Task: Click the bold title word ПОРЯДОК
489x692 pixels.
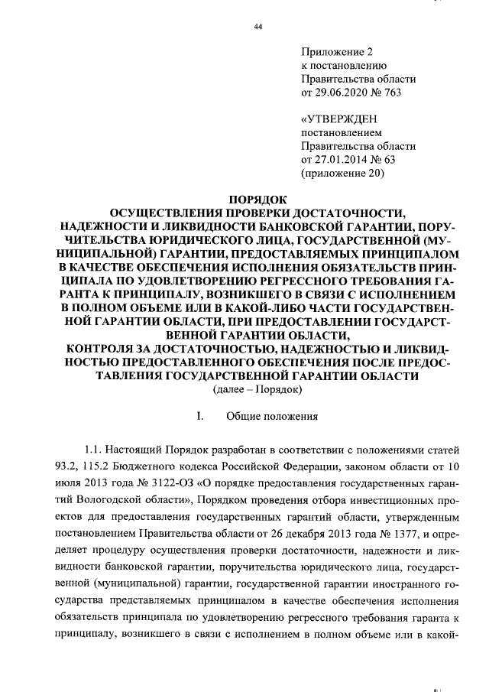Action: point(257,197)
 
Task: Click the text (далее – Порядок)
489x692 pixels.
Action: point(257,390)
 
